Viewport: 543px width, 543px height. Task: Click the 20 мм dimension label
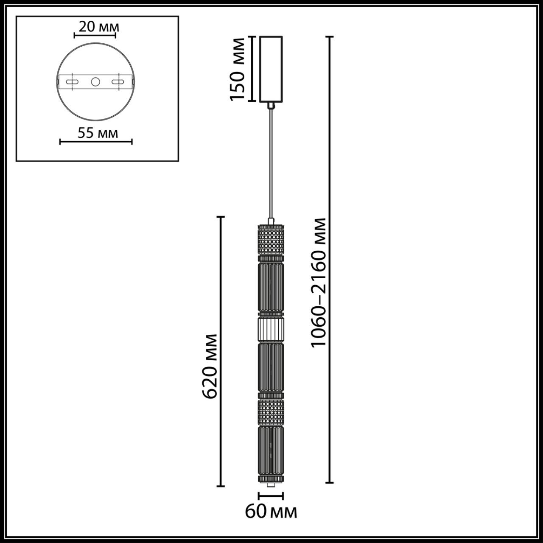click(99, 27)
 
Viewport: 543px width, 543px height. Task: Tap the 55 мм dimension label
click(98, 133)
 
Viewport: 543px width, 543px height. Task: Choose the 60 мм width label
click(271, 512)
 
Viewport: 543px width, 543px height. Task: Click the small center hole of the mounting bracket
click(95, 81)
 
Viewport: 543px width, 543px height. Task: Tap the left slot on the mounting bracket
click(73, 81)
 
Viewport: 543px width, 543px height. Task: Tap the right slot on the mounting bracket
click(118, 81)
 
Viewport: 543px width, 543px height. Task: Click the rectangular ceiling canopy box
click(271, 69)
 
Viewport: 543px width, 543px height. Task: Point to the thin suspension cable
click(271, 161)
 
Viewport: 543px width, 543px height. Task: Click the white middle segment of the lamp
click(271, 329)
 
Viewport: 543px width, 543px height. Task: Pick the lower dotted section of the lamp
click(271, 411)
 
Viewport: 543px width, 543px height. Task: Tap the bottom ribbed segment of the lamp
click(271, 451)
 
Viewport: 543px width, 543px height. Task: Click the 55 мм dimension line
click(96, 142)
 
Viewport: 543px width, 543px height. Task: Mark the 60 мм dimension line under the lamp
click(271, 495)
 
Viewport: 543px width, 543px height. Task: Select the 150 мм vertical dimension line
click(251, 69)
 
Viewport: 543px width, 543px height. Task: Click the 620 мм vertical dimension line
click(221, 351)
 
